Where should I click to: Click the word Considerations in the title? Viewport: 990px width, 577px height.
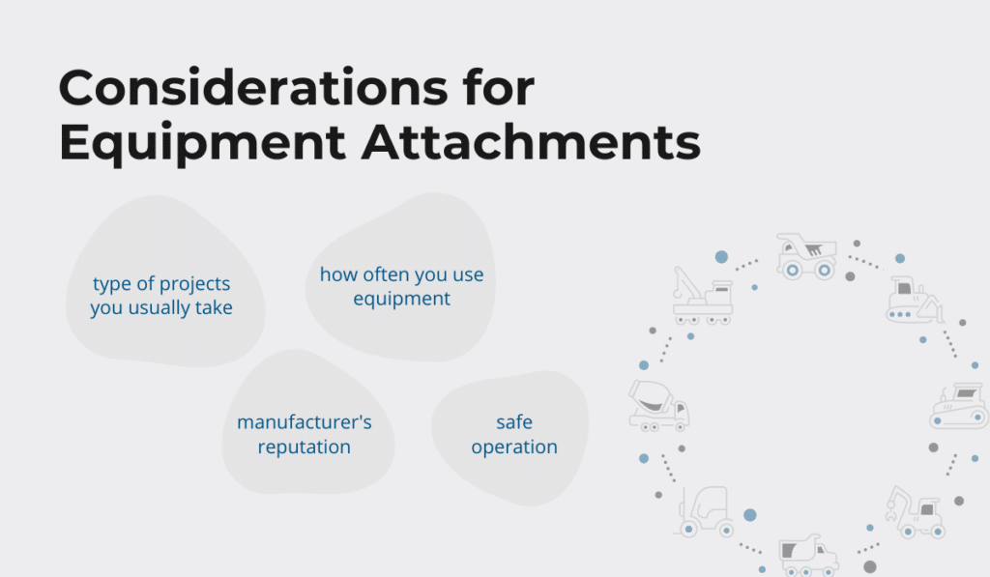(253, 88)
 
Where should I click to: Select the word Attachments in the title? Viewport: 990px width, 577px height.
(531, 141)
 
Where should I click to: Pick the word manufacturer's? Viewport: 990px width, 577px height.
(305, 421)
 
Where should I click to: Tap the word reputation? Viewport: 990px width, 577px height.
(305, 447)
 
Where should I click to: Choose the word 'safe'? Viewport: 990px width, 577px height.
(514, 421)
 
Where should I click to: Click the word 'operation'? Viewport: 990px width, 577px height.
(514, 447)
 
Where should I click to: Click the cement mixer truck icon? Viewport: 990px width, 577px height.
(658, 406)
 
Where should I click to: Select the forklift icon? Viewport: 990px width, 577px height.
(706, 511)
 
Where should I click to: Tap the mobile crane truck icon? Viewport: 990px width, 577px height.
(702, 296)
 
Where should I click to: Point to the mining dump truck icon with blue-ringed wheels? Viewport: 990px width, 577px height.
(807, 256)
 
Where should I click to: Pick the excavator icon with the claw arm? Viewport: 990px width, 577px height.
(915, 511)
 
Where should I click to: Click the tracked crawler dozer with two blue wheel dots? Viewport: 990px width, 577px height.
(959, 406)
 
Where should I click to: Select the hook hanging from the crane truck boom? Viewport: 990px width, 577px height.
(678, 293)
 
